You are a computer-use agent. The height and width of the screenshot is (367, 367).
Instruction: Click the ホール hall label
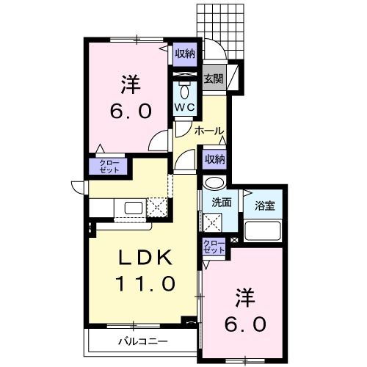pyautogui.click(x=209, y=131)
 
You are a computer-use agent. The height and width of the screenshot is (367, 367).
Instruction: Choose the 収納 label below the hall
pyautogui.click(x=214, y=159)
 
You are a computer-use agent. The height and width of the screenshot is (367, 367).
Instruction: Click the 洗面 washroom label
pyautogui.click(x=222, y=202)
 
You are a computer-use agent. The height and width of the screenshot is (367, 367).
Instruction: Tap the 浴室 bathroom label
pyautogui.click(x=265, y=205)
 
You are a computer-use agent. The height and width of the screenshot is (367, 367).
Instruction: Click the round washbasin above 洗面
pyautogui.click(x=214, y=183)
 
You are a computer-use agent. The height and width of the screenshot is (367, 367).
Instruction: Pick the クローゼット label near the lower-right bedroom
pyautogui.click(x=214, y=247)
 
